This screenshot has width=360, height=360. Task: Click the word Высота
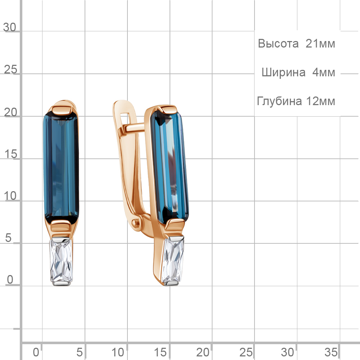coord(278,44)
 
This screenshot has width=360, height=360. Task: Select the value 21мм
coord(320,44)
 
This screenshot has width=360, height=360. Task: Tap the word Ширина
coord(284,72)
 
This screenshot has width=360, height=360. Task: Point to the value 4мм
coord(324,72)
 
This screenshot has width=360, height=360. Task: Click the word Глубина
coord(279,101)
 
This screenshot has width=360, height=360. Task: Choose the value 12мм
coord(320,101)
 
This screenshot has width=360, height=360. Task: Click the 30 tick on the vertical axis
coord(10,27)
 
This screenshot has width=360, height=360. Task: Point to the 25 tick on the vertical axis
coord(10,69)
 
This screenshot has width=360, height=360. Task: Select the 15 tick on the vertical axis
coord(10,154)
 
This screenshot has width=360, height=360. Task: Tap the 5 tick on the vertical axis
coord(8,238)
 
